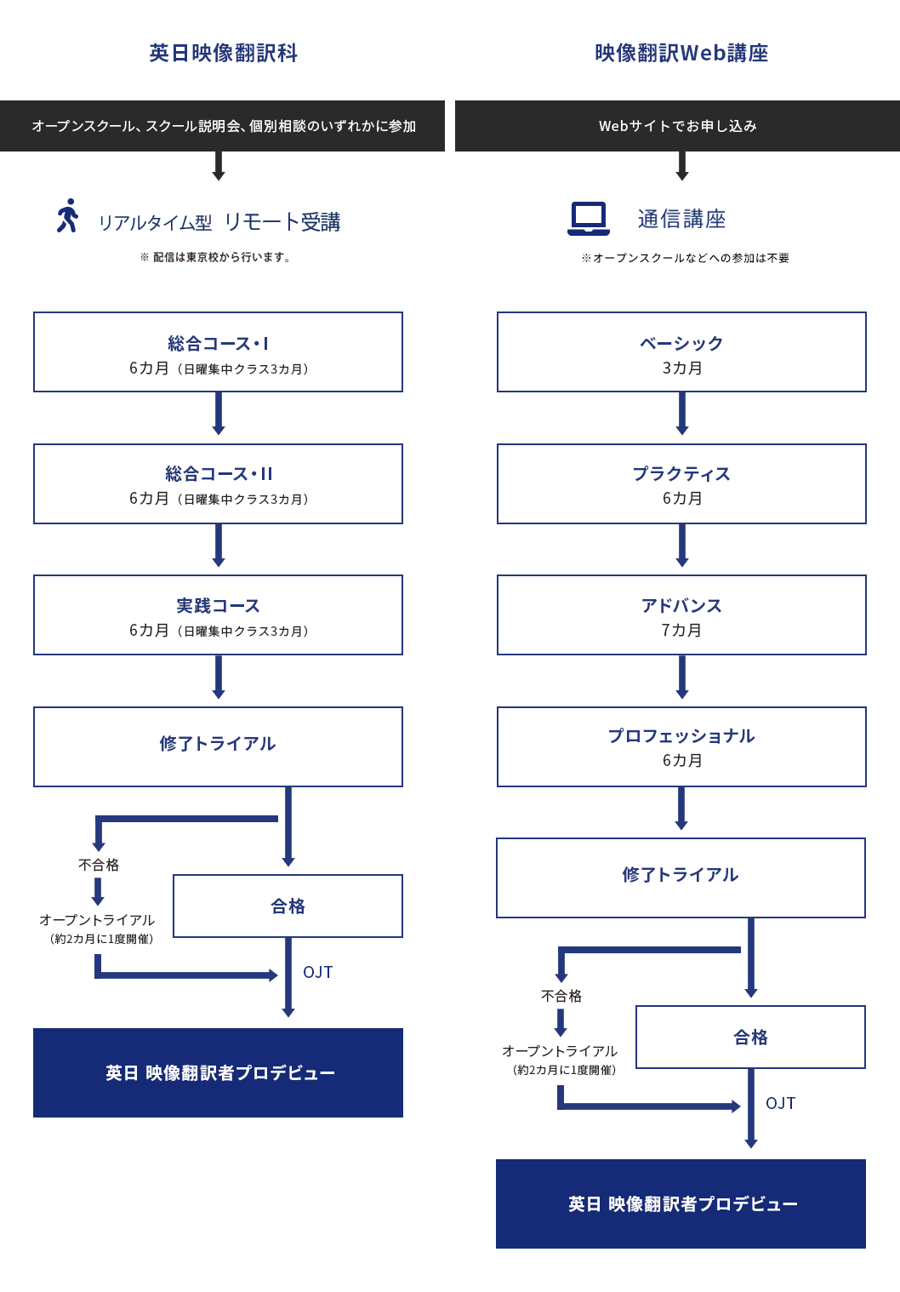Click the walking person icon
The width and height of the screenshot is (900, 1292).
tap(67, 215)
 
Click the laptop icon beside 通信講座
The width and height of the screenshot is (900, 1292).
tap(588, 219)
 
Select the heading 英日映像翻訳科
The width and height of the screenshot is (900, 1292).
tap(223, 53)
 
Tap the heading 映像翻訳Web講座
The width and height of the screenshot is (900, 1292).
tap(681, 53)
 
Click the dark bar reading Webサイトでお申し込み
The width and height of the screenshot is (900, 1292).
tap(677, 126)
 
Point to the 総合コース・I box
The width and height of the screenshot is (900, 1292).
tap(218, 352)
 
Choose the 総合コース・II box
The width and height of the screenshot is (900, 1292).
tap(218, 483)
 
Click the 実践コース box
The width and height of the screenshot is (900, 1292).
tap(218, 615)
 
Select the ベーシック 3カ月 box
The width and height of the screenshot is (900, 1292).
tap(681, 352)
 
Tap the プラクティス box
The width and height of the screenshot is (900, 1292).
tap(681, 483)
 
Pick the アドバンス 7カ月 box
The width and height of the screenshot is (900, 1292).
tap(681, 615)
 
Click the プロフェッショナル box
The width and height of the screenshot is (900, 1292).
tap(681, 746)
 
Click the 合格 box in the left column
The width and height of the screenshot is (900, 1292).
tap(288, 906)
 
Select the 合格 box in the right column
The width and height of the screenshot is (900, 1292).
tap(750, 1037)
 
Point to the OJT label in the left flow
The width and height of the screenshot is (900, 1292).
tap(317, 972)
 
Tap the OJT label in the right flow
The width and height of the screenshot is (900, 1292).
tap(780, 1103)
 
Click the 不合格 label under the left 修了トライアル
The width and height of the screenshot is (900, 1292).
tap(99, 865)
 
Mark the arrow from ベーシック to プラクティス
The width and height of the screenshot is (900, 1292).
tap(681, 414)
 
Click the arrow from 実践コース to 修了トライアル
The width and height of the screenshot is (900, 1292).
tap(219, 677)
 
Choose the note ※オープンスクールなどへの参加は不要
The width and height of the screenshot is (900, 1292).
tap(685, 258)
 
